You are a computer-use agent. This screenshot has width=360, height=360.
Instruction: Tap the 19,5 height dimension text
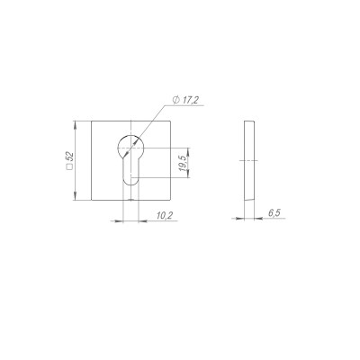click(x=182, y=163)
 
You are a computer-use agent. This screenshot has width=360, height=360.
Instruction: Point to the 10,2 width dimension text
click(x=165, y=215)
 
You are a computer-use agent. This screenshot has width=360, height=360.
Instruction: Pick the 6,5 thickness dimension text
click(x=273, y=213)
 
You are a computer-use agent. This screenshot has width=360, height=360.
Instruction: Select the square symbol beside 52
click(x=70, y=169)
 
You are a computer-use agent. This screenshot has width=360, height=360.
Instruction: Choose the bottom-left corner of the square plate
click(x=89, y=202)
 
